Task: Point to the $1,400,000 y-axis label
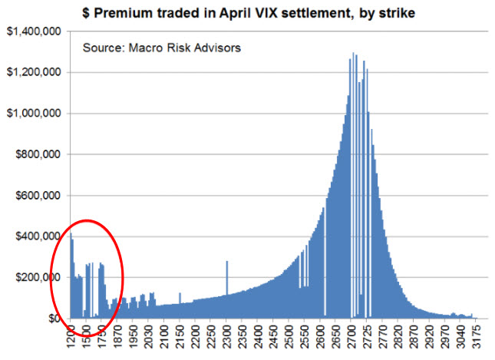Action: pos(33,31)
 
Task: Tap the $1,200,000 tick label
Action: pos(33,72)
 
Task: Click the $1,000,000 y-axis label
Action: pos(33,113)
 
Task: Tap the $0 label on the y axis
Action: pos(53,318)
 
